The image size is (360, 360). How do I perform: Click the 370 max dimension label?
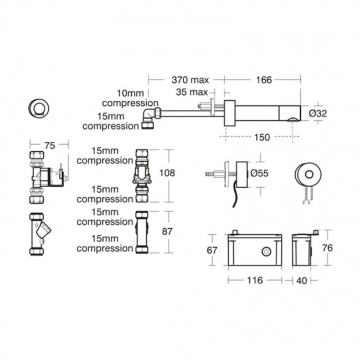click(x=189, y=80)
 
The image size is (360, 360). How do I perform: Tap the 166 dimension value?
click(x=264, y=80)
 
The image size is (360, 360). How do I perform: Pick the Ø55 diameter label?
click(x=259, y=173)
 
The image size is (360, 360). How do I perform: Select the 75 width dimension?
click(x=49, y=145)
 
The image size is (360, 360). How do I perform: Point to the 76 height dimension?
click(x=327, y=248)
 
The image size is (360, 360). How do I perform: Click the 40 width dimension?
click(x=301, y=281)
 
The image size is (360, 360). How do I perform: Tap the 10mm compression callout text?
click(x=130, y=97)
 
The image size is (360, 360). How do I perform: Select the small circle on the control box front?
click(x=267, y=251)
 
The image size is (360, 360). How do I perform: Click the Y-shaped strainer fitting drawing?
click(x=38, y=234)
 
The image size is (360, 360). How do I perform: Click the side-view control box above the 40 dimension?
click(x=302, y=250)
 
